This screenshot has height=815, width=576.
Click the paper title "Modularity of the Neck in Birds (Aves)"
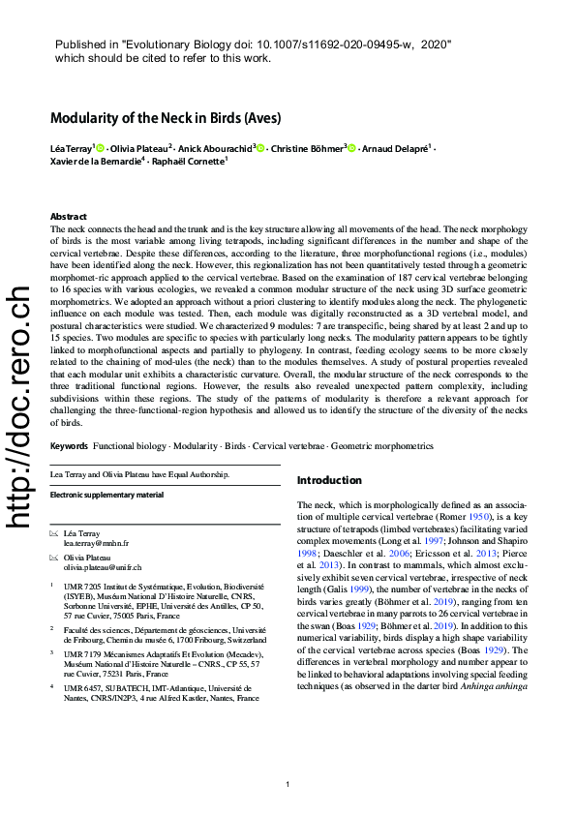[x=166, y=119]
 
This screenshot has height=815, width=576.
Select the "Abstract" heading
[x=68, y=217]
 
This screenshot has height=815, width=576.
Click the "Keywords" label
[x=69, y=446]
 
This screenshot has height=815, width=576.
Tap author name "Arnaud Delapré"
[x=395, y=148]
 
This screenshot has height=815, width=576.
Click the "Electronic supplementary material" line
[x=106, y=495]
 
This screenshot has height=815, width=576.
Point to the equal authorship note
[x=139, y=474]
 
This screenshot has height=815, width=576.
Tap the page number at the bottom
[x=288, y=783]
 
